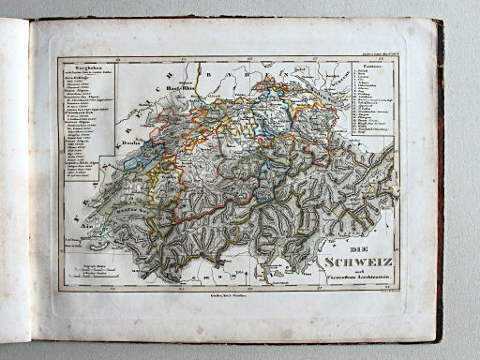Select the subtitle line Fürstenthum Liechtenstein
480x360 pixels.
click(x=349, y=284)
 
